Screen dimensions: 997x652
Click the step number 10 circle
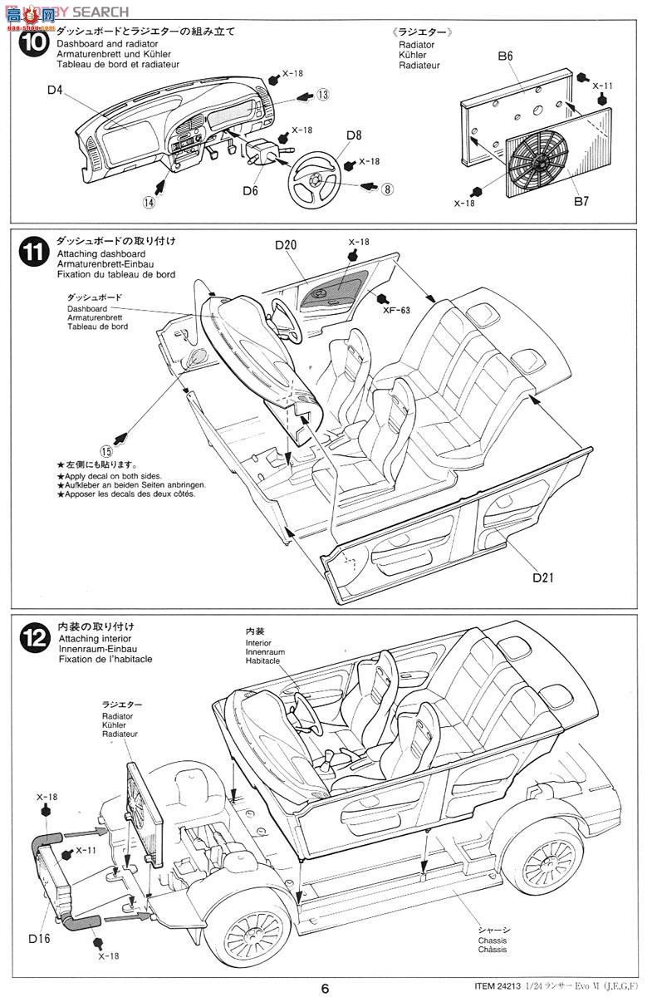pos(32,44)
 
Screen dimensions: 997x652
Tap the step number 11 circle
pos(32,254)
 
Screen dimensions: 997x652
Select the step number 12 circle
pos(32,638)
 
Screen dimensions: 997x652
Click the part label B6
pos(506,56)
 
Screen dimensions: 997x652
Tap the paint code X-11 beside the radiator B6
pos(604,86)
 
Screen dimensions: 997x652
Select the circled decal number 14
pos(149,201)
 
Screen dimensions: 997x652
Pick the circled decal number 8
pos(387,189)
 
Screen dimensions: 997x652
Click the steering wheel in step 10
pos(315,177)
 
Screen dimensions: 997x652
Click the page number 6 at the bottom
pos(326,987)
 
